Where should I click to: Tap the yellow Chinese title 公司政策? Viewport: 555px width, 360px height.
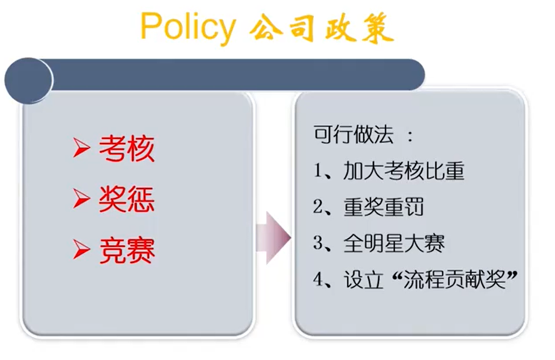(x=321, y=28)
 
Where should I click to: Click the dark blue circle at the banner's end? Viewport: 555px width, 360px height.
(x=29, y=80)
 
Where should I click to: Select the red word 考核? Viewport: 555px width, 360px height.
(x=127, y=148)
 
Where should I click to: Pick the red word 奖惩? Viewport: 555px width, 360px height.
(x=127, y=199)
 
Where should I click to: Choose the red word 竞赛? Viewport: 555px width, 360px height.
(x=127, y=250)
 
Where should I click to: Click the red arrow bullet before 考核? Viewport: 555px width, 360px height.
(x=81, y=148)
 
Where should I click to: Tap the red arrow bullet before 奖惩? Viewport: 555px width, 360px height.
(x=81, y=199)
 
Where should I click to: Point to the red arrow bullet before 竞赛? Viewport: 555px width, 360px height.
(x=81, y=250)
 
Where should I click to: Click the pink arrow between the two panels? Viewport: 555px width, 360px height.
(x=273, y=238)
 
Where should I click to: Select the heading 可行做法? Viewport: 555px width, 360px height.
(x=354, y=134)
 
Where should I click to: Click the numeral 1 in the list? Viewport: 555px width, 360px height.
(x=317, y=170)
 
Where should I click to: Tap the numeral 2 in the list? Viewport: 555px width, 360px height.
(x=317, y=207)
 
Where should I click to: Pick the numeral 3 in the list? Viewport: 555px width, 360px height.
(x=317, y=243)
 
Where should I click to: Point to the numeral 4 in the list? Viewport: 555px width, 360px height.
(x=317, y=279)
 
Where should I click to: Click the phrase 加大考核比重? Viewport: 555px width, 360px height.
(x=404, y=170)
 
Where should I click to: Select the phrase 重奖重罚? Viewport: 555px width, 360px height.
(x=384, y=207)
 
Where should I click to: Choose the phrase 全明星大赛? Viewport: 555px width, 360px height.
(x=394, y=243)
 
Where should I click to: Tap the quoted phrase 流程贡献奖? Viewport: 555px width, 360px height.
(x=455, y=279)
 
